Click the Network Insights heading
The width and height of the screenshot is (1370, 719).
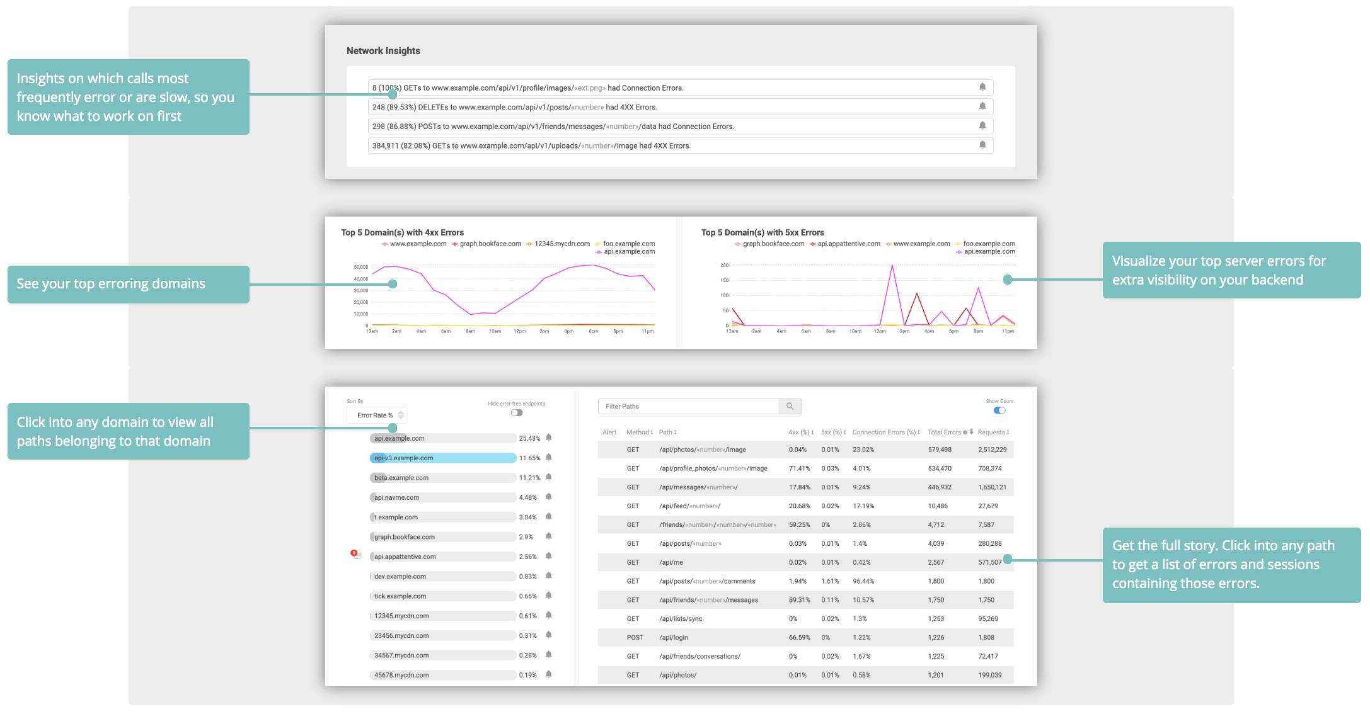pyautogui.click(x=383, y=51)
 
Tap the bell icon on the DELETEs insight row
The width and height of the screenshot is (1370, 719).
pyautogui.click(x=982, y=106)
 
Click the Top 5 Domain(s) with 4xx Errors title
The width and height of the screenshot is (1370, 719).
pyautogui.click(x=402, y=232)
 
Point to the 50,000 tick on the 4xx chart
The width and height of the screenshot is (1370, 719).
pyautogui.click(x=361, y=267)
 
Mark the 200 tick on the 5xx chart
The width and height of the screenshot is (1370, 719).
pyautogui.click(x=724, y=265)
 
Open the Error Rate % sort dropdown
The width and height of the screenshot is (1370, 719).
pyautogui.click(x=377, y=416)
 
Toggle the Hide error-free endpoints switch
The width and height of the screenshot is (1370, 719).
pyautogui.click(x=517, y=413)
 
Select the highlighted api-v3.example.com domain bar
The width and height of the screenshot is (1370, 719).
pyautogui.click(x=442, y=458)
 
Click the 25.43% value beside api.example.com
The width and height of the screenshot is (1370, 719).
pyautogui.click(x=529, y=438)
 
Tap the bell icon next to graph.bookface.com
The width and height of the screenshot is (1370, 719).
pyautogui.click(x=549, y=536)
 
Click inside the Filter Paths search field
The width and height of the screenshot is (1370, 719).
pyautogui.click(x=688, y=407)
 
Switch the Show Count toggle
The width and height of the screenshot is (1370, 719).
pyautogui.click(x=999, y=410)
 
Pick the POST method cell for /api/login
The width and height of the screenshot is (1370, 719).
pyautogui.click(x=635, y=638)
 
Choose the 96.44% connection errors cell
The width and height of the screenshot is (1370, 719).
pyautogui.click(x=863, y=581)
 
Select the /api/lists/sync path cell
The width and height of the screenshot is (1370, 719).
pyautogui.click(x=681, y=619)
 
